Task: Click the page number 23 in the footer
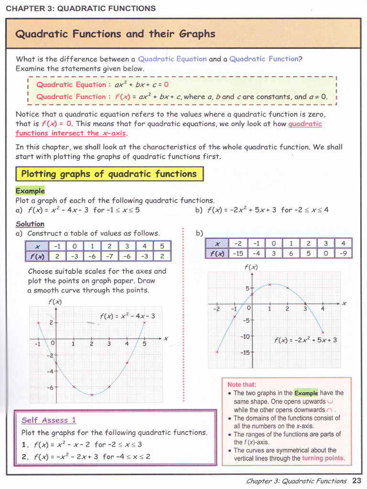[356, 481]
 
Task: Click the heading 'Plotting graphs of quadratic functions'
[109, 174]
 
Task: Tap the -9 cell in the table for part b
[343, 254]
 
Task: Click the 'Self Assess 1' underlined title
[49, 420]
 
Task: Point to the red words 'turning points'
[323, 458]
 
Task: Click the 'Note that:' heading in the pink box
[242, 384]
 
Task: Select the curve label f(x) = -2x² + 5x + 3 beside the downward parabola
[306, 340]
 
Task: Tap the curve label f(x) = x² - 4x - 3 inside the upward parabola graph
[128, 316]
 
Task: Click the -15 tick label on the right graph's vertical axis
[245, 352]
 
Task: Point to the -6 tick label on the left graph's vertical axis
[50, 388]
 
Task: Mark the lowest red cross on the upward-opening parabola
[91, 394]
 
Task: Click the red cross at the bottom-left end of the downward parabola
[217, 352]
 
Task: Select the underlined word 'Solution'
[30, 224]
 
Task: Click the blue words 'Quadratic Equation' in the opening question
[172, 59]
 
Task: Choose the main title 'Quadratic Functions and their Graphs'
[115, 34]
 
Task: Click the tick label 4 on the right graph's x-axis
[323, 309]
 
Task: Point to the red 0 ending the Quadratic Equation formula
[166, 85]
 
